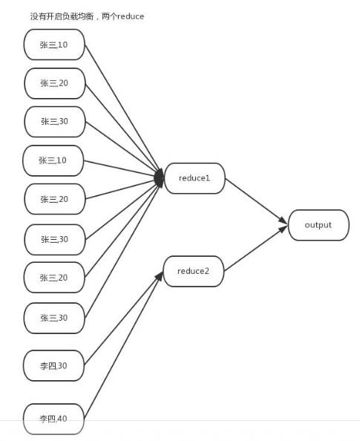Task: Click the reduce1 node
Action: pos(194,178)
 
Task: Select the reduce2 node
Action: pos(194,271)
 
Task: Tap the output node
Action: pos(318,225)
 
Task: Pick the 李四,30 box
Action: pos(53,365)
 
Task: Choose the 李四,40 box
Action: pos(53,419)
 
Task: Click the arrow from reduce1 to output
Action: pos(257,201)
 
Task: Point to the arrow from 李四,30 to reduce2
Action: pos(124,318)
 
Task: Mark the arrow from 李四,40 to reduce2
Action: pos(124,345)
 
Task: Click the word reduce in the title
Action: pos(131,16)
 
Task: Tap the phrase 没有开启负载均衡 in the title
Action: pos(62,16)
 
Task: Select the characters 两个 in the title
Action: pos(109,16)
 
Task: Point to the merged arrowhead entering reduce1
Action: pos(160,177)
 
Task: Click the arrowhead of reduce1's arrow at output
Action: pos(283,220)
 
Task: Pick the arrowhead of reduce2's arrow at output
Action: pos(283,229)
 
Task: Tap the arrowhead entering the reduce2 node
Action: pos(159,276)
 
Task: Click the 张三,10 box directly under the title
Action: pos(54,45)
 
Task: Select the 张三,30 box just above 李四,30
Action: pos(54,318)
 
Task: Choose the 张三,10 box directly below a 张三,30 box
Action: pos(53,160)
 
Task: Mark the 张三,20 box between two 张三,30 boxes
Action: pos(54,278)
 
